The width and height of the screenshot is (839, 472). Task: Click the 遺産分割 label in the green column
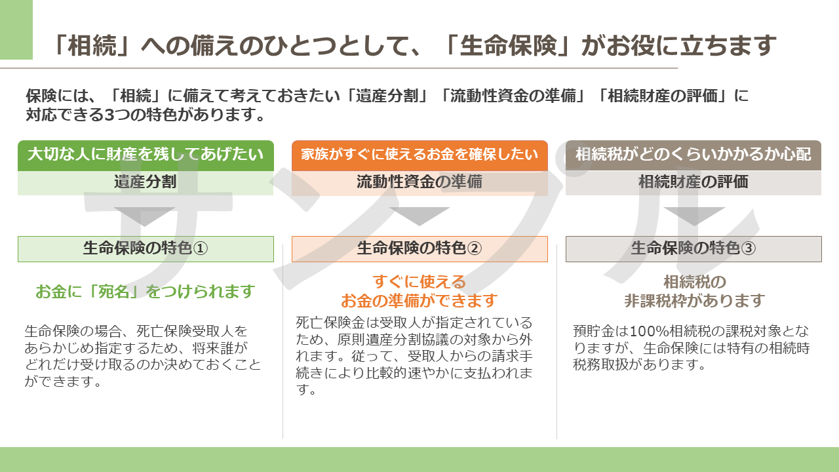click(x=146, y=182)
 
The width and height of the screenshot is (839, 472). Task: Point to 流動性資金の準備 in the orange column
click(x=419, y=182)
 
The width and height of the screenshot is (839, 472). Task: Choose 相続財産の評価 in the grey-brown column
click(x=693, y=182)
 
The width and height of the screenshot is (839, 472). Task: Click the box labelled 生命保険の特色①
click(x=146, y=248)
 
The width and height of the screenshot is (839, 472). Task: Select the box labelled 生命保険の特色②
click(x=419, y=248)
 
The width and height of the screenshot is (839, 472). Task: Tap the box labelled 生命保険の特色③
click(x=693, y=248)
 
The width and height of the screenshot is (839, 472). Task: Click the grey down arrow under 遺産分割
click(x=145, y=216)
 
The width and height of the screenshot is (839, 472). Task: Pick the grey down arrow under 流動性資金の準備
click(x=419, y=216)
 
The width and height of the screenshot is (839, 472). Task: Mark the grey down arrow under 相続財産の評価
click(x=694, y=216)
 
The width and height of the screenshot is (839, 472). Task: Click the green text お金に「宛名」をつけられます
click(x=146, y=292)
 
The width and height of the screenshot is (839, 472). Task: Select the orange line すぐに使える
click(x=419, y=282)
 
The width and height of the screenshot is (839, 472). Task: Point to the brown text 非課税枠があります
click(x=694, y=300)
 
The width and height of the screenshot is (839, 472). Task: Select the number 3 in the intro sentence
click(x=109, y=115)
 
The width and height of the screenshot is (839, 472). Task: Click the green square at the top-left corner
click(x=16, y=29)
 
